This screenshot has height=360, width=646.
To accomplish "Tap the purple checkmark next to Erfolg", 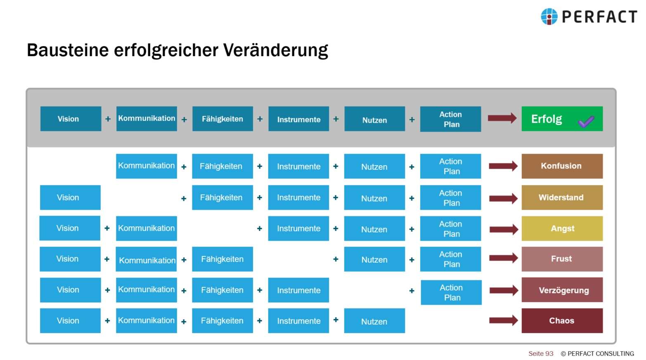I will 586,121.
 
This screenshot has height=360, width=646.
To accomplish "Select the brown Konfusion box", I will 562,166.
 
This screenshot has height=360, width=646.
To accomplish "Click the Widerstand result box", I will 562,197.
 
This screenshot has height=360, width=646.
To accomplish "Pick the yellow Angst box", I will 562,228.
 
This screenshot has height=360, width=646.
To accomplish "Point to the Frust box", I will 562,259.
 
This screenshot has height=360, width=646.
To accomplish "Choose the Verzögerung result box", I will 562,290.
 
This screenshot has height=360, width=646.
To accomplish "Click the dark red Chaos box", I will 562,320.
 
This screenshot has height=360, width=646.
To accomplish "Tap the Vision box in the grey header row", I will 71,119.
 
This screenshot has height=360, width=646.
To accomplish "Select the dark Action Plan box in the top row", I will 450,119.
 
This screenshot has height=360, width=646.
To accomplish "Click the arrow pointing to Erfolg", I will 502,118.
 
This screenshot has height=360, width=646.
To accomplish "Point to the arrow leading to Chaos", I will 503,320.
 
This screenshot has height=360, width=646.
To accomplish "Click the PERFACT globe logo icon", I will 549,17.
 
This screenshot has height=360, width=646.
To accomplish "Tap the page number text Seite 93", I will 541,353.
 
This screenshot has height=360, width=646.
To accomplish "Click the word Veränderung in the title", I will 276,50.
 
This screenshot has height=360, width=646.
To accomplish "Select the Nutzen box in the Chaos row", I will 374,321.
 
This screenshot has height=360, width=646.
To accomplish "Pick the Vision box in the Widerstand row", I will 70,197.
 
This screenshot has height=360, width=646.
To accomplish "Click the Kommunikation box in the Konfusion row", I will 147,166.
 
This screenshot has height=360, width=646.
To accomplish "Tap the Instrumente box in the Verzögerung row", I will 298,290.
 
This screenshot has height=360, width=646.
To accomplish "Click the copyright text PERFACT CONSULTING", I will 600,353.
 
